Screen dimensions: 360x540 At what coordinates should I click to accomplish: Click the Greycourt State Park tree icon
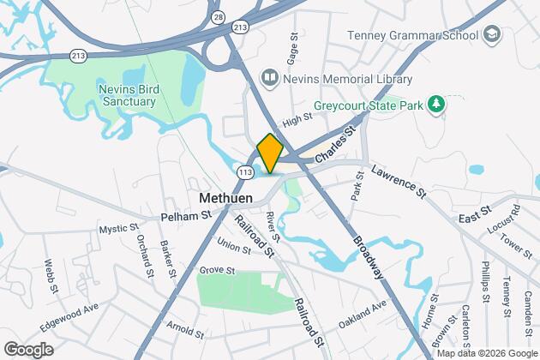point(438,104)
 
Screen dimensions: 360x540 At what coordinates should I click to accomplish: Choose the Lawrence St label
point(399,182)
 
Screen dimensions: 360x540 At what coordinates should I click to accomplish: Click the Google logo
point(28,349)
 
